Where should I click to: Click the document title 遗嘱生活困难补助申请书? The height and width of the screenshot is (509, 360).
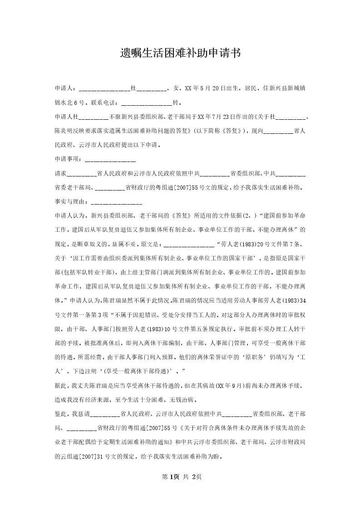180,54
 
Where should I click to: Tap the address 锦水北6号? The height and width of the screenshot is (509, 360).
67,103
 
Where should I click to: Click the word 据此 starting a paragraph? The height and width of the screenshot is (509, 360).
61,386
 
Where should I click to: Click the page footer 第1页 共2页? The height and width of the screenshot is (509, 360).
180,477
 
